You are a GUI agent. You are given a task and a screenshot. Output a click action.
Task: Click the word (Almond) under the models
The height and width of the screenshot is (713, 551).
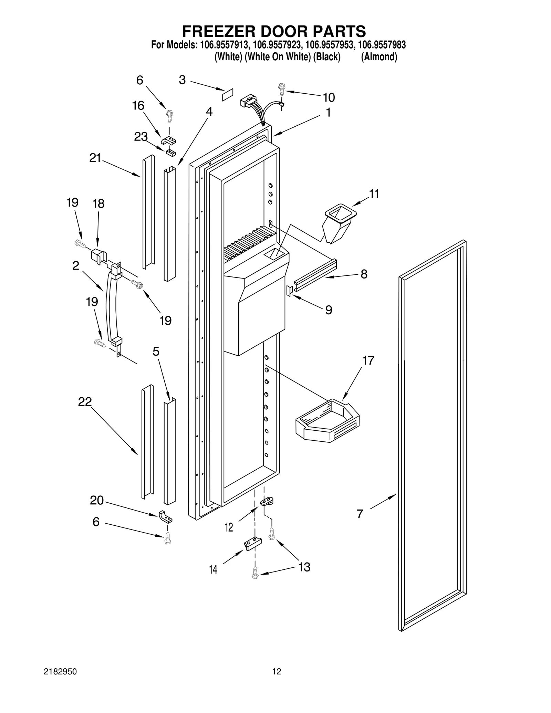click(379, 57)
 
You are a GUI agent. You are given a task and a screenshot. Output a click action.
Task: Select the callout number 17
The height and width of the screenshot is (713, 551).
click(368, 360)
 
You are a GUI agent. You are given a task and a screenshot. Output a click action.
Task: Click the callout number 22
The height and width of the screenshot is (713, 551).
click(85, 401)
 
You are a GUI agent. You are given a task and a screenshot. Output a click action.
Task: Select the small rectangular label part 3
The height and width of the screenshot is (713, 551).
click(227, 94)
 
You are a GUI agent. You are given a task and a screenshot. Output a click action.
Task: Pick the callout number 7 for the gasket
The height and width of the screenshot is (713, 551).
click(360, 514)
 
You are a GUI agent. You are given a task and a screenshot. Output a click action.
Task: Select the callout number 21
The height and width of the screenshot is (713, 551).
click(95, 158)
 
